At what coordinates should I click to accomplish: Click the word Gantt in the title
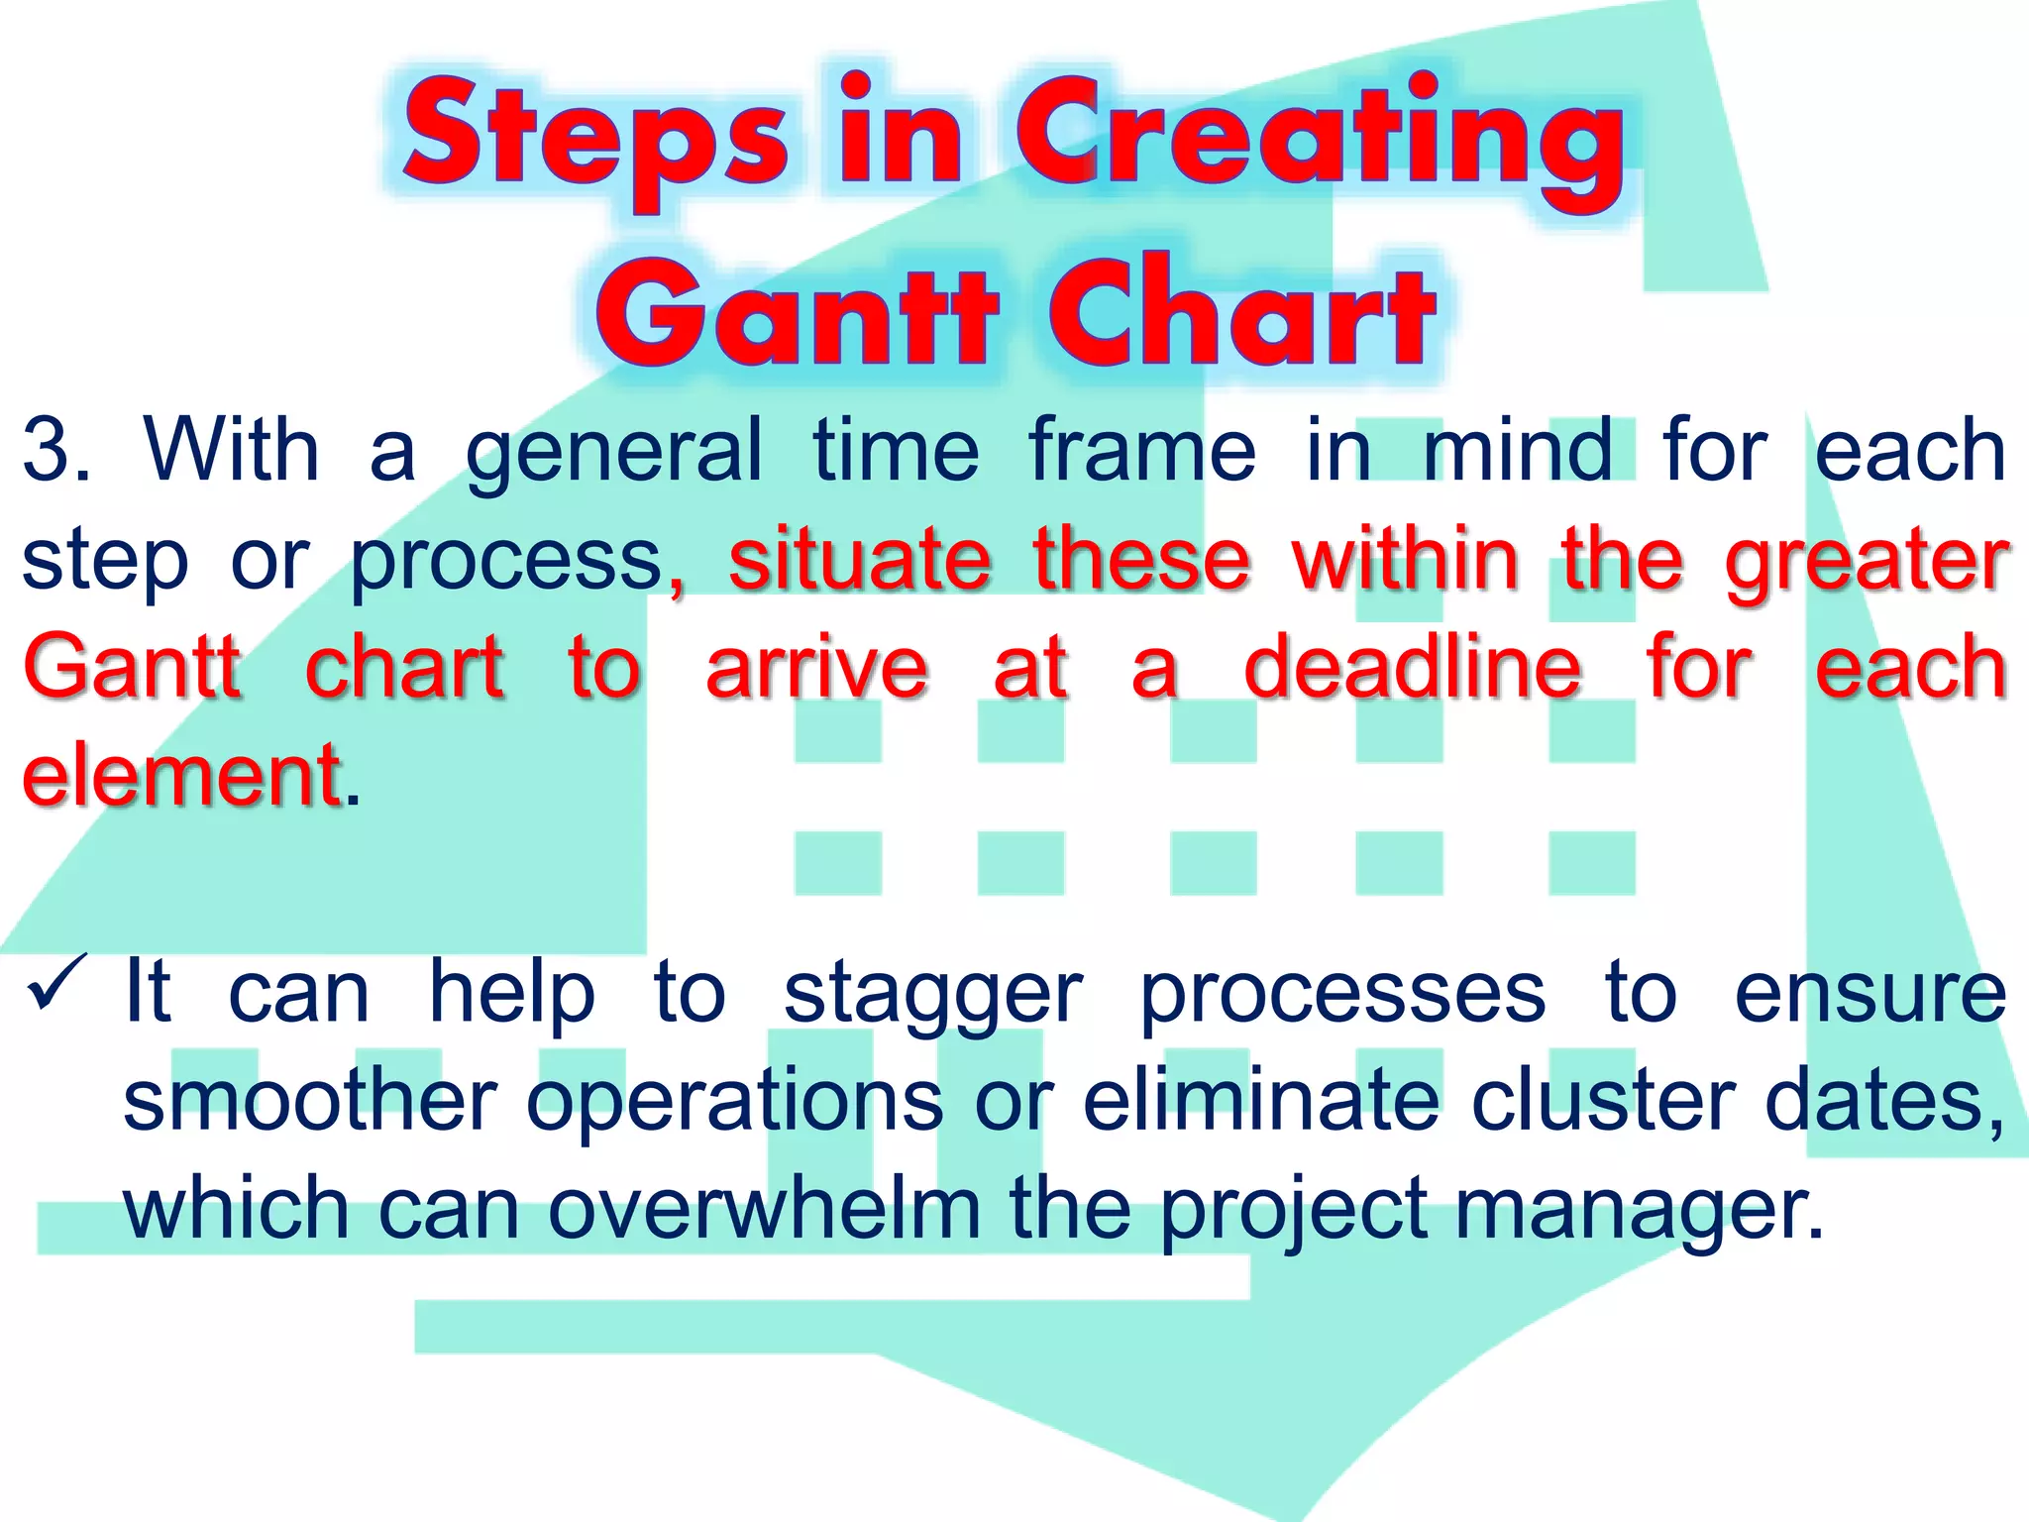[798, 312]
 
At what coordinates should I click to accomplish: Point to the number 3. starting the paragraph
[54, 451]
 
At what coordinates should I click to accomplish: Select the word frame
[1142, 451]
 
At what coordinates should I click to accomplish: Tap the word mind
[1518, 451]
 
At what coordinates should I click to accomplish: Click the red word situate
[860, 560]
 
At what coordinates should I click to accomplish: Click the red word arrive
[816, 669]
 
